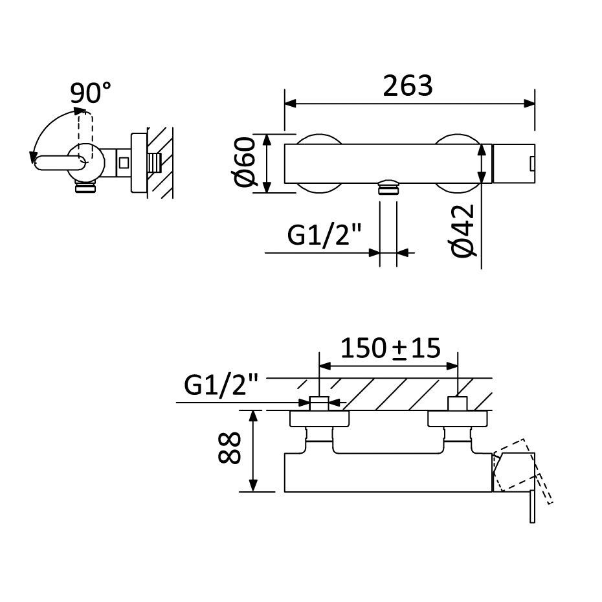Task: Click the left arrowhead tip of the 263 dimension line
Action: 285,104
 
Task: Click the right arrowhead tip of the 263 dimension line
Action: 535,104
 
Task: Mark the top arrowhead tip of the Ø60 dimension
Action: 267,135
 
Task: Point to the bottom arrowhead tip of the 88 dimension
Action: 253,491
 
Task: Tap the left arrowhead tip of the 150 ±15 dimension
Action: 319,366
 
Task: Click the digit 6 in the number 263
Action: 408,86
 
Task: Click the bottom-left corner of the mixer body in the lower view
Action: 284,491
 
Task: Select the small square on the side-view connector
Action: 124,162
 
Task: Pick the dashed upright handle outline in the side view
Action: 85,137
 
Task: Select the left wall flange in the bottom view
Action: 319,419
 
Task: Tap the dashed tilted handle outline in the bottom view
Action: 523,471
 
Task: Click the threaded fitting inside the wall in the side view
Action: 153,163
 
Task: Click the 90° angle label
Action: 91,93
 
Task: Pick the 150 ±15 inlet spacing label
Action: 390,348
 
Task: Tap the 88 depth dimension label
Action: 229,448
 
